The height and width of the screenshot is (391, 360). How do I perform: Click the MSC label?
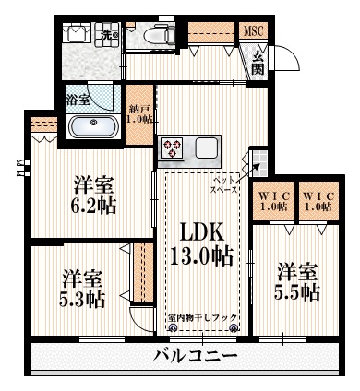(x=252, y=30)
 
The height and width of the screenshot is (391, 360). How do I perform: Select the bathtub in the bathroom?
(x=92, y=126)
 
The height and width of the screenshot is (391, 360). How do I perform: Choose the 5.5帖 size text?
(x=297, y=292)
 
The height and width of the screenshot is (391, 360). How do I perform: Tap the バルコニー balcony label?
(x=195, y=356)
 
